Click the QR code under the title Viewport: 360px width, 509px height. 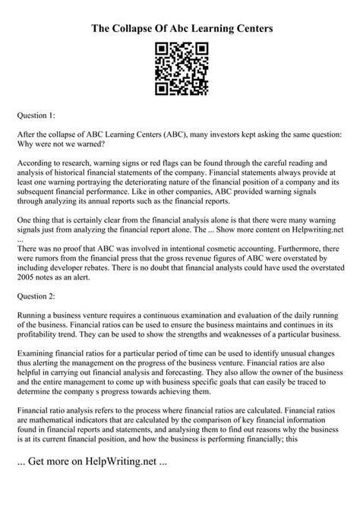(179, 68)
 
